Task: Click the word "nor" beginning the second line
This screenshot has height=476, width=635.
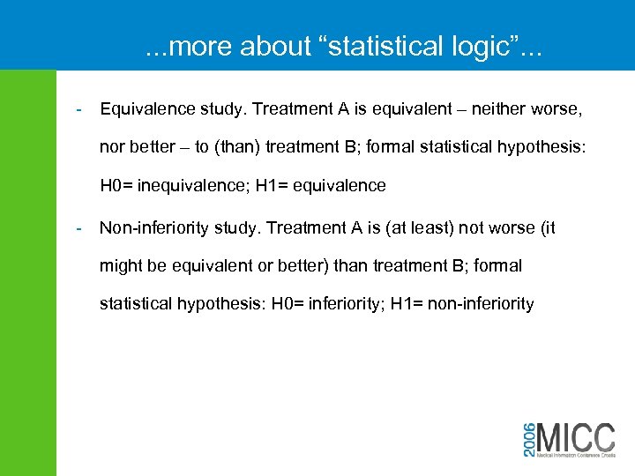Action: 111,147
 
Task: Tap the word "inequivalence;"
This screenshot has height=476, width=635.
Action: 191,185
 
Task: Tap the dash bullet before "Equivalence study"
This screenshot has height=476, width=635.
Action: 79,110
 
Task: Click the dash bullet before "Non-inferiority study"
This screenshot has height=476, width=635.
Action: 79,228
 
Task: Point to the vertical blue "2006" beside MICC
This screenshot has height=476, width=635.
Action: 528,438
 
